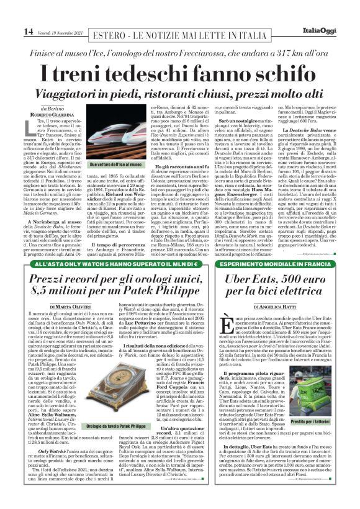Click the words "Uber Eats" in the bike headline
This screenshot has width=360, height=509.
pos(236,279)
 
